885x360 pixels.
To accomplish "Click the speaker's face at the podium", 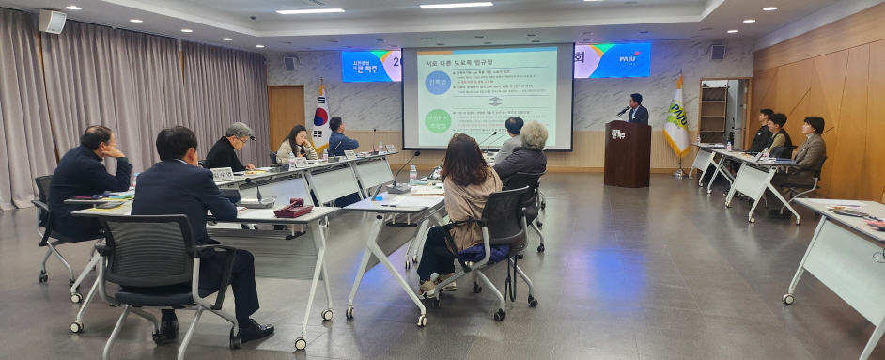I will [637, 100].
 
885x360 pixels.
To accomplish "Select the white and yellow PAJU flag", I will [675, 117].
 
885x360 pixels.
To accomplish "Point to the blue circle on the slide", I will [437, 83].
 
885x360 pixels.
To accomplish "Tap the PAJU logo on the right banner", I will [629, 58].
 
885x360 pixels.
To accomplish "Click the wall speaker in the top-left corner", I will [53, 22].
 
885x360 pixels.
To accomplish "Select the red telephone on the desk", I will [293, 210].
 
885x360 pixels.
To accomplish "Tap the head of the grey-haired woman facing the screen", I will [534, 134].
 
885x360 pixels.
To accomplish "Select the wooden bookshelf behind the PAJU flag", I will [713, 111].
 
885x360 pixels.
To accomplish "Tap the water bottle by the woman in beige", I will [412, 175].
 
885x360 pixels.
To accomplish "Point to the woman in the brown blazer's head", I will [814, 125].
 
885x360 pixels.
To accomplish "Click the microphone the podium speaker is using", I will [623, 110].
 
